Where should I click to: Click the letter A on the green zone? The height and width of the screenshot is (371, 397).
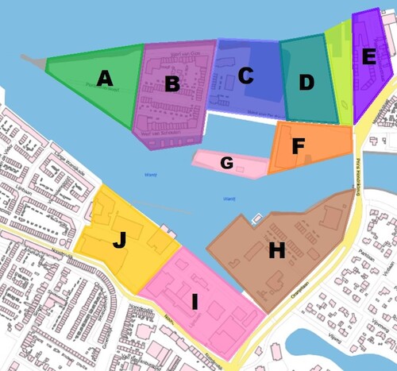[105, 78]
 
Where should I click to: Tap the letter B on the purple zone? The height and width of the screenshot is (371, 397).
[172, 83]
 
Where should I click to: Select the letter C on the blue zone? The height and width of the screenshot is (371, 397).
[245, 75]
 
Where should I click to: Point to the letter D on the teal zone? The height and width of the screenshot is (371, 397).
[306, 83]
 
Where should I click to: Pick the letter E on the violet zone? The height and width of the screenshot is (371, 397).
[368, 56]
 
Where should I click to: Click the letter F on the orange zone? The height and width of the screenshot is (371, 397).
[299, 146]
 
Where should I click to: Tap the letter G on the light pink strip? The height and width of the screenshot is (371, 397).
[227, 163]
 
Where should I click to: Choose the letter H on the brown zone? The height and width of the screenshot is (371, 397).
[276, 251]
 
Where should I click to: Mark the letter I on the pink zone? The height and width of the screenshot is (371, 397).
[194, 301]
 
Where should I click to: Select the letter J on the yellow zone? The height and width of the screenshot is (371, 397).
[119, 240]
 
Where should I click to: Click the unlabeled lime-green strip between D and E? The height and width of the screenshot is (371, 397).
[337, 71]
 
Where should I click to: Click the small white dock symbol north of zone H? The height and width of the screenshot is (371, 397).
[256, 218]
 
